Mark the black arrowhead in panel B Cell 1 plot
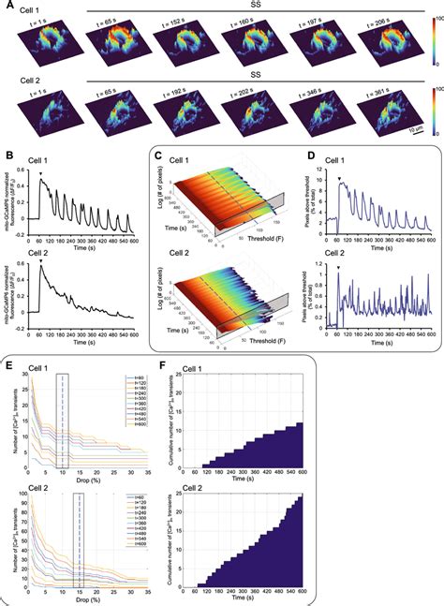41,173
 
